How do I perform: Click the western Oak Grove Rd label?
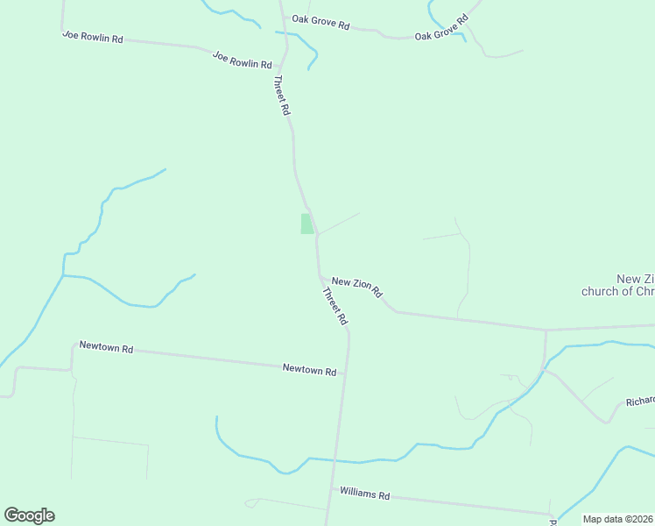tap(320, 22)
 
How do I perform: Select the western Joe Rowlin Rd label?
tap(92, 38)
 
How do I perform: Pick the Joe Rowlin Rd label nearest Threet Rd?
tap(242, 59)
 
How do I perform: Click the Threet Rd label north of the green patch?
tap(281, 96)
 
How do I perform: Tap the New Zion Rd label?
tap(356, 286)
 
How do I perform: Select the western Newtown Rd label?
tap(105, 348)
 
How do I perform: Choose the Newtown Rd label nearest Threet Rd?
tap(309, 370)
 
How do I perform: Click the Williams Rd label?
tap(364, 494)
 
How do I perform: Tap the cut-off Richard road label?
tap(640, 402)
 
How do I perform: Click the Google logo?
tap(29, 515)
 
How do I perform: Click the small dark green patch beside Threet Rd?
tap(306, 224)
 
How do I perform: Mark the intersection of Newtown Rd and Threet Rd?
tap(346, 374)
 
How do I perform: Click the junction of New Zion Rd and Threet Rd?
tap(319, 276)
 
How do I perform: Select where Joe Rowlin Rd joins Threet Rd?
tap(282, 67)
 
